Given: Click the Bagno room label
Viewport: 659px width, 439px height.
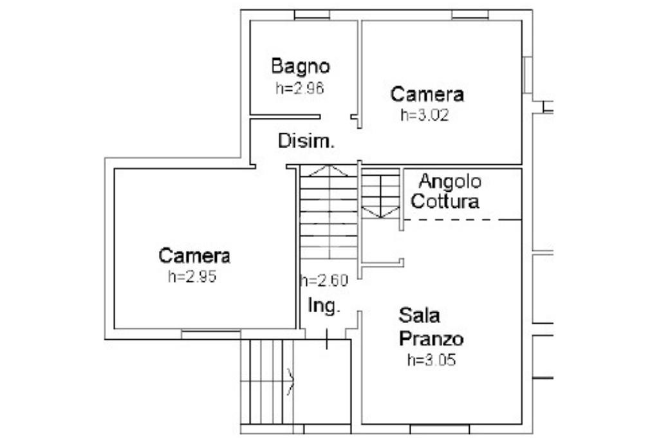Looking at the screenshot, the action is click(x=301, y=66).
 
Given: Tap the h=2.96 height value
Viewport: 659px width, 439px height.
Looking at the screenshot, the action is click(x=300, y=88).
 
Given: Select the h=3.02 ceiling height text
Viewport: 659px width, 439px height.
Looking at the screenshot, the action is click(x=425, y=115).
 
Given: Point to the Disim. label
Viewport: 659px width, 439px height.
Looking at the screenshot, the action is click(x=306, y=141).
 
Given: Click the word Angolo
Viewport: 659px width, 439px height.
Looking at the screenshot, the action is click(x=450, y=182).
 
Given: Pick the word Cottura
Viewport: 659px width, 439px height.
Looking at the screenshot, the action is click(x=445, y=201).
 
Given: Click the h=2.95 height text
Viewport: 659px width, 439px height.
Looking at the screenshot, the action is click(x=192, y=276).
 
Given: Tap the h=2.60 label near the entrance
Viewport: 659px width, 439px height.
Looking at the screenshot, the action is click(x=324, y=281).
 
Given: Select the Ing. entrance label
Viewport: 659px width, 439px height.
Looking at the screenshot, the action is click(x=324, y=306).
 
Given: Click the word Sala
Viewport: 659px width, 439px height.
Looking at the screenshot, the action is click(x=420, y=315).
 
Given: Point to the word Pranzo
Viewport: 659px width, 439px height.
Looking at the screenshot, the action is click(x=431, y=339).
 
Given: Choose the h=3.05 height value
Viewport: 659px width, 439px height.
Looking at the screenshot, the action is click(x=432, y=360).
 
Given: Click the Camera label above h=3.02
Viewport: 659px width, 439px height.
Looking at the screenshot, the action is click(x=427, y=94).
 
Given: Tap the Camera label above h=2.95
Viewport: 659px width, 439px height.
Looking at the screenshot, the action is click(x=194, y=256).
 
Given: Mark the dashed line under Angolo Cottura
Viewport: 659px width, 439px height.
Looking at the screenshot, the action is click(x=462, y=219).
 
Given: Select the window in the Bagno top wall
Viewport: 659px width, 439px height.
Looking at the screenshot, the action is click(x=312, y=15).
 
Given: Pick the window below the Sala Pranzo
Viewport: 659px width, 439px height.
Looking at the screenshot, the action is click(x=439, y=429).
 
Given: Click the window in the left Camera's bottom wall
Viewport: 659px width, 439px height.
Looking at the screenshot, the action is click(x=210, y=334).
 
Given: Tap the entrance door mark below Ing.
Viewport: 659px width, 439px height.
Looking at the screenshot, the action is click(x=326, y=339).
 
